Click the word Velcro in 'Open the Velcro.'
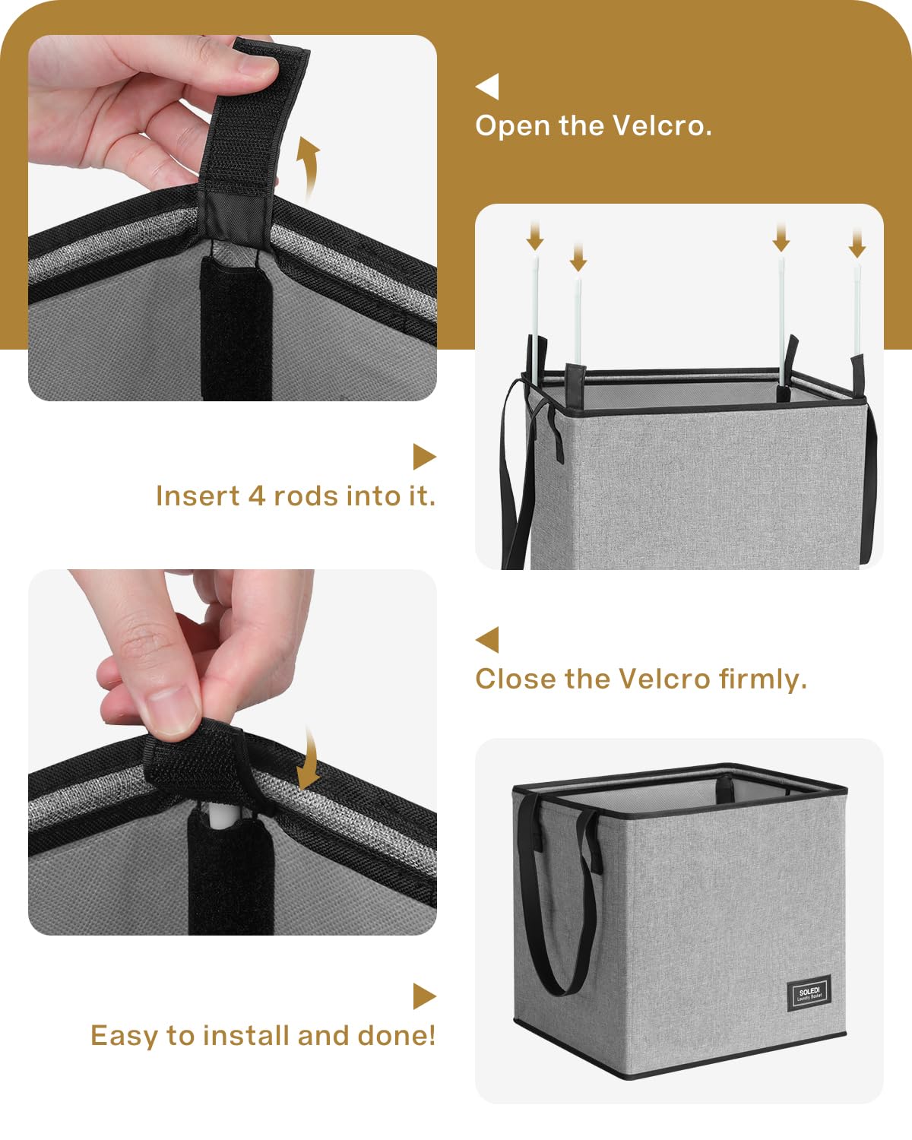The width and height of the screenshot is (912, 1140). coord(662,127)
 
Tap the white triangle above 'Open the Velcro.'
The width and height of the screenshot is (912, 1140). coord(489,87)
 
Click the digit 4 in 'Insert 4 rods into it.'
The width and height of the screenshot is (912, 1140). coord(256,496)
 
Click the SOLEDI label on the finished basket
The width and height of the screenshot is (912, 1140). coord(809,993)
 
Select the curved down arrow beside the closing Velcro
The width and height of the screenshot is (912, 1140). coord(309,758)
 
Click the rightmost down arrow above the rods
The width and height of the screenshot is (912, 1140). coord(857,244)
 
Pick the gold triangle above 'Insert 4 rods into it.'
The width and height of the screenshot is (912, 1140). coord(423,457)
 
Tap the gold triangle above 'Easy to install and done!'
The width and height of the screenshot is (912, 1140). coord(423,997)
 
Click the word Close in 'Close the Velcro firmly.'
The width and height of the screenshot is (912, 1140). coord(515,679)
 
